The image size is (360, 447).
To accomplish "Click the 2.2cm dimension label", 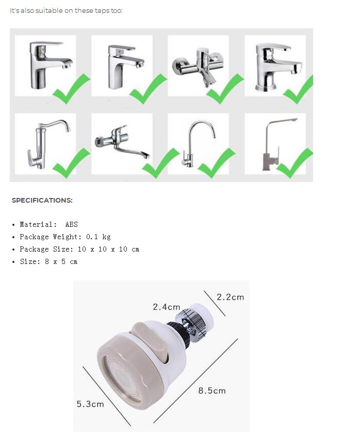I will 230,297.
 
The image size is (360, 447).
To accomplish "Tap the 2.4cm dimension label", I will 166,307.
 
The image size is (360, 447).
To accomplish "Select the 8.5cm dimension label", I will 212,391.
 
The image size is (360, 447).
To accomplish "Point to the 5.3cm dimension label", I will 90,404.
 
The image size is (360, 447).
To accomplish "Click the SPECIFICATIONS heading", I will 42,200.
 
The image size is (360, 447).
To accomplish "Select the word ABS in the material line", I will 71,224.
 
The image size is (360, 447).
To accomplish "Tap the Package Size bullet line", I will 79,249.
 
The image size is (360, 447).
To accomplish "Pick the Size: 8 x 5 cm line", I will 48,261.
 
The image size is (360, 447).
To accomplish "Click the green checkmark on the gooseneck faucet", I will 216,163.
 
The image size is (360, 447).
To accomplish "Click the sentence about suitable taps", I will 67,11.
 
